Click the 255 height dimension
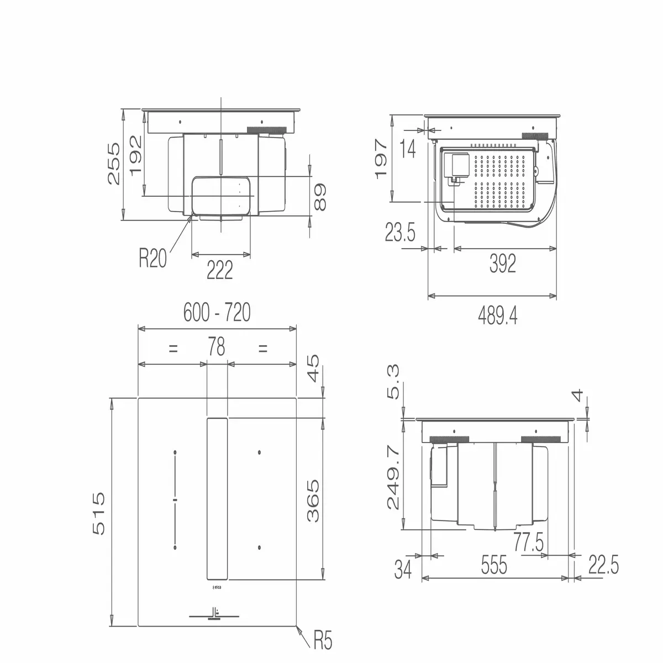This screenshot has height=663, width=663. [114, 164]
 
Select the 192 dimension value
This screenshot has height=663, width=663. [136, 155]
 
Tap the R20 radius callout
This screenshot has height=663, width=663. [152, 258]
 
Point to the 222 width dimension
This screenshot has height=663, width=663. [220, 270]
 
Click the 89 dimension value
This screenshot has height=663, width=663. [320, 197]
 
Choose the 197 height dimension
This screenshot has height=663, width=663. [381, 159]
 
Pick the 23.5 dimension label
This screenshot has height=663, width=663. [400, 232]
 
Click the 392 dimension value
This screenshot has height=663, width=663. [503, 264]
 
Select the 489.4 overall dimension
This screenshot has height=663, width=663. [497, 315]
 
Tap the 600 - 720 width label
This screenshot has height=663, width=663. [217, 312]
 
